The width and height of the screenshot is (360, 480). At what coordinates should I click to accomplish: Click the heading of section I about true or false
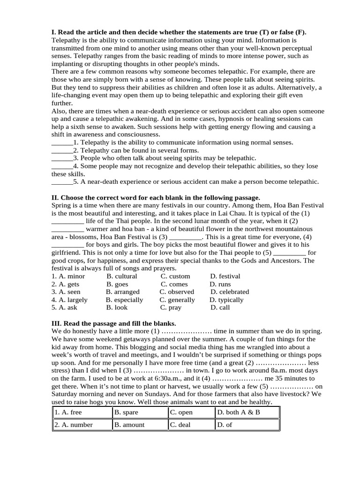pyautogui.click(x=179, y=32)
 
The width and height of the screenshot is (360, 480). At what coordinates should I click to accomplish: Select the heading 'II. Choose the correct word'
pyautogui.click(x=155, y=198)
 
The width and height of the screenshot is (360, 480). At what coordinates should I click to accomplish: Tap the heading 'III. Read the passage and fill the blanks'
pyautogui.click(x=113, y=323)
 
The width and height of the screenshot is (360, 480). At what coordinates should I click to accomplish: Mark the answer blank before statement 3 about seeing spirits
pyautogui.click(x=62, y=158)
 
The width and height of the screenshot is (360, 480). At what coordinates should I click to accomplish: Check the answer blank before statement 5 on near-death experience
pyautogui.click(x=62, y=182)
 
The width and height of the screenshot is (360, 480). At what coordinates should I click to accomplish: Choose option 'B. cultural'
pyautogui.click(x=121, y=276)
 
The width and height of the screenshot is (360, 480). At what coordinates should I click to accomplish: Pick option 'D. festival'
pyautogui.click(x=225, y=276)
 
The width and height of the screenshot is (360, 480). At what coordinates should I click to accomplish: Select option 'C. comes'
pyautogui.click(x=174, y=284)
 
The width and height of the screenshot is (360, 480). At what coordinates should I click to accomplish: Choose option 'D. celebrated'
pyautogui.click(x=230, y=292)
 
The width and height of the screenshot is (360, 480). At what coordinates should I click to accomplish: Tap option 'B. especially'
pyautogui.click(x=124, y=300)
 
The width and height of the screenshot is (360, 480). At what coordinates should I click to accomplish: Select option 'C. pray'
pyautogui.click(x=171, y=307)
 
